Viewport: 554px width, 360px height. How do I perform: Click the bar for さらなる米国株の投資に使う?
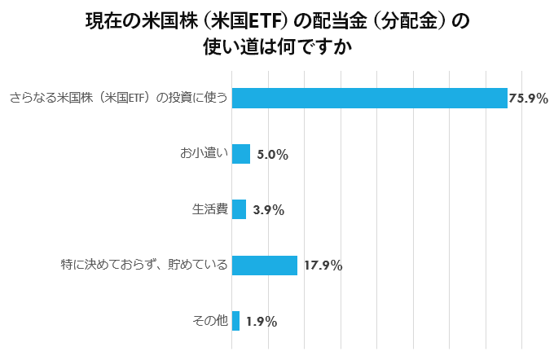[x=370, y=98]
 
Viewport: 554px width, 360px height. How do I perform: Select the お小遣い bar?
[x=241, y=154]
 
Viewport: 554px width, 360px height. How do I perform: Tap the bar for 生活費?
[x=239, y=209]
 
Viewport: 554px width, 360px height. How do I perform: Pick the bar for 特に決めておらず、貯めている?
[x=265, y=265]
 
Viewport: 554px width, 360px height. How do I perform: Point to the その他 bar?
[x=235, y=321]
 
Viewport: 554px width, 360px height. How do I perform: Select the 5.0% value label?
[x=272, y=155]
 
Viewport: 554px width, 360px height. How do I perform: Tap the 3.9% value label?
[x=268, y=210]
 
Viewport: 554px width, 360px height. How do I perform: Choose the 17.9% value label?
[x=323, y=266]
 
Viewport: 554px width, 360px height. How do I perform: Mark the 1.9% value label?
[x=261, y=322]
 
